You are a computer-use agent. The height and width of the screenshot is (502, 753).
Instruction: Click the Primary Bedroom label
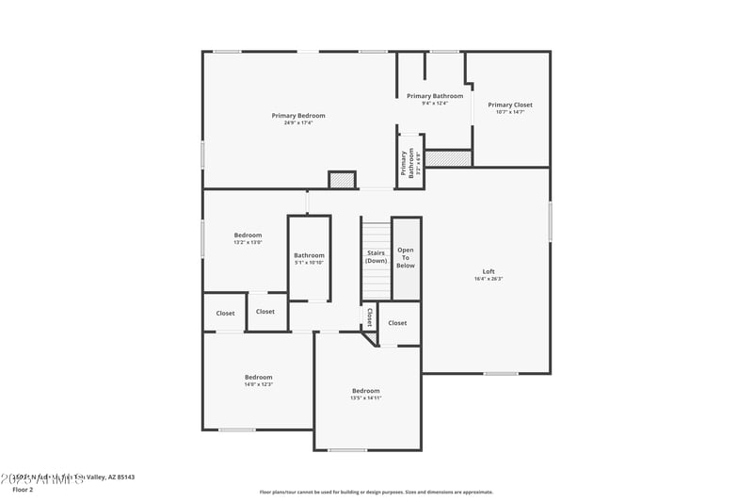[x=298, y=115]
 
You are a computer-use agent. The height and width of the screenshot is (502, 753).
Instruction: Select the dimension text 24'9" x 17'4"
[x=298, y=123]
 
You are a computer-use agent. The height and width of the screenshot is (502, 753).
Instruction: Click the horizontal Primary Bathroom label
[x=434, y=95]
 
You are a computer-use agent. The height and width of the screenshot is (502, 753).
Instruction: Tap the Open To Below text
[x=406, y=258]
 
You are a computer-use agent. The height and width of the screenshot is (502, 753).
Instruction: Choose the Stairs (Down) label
[x=376, y=256]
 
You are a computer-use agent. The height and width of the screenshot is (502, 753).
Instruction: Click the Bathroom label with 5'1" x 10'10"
[x=309, y=255]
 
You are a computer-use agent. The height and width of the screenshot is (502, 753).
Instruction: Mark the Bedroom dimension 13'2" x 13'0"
[x=248, y=243]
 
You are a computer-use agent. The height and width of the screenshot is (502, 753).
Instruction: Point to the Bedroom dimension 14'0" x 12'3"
[x=259, y=384]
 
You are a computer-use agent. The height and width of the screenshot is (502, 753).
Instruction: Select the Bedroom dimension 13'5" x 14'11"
[x=366, y=398]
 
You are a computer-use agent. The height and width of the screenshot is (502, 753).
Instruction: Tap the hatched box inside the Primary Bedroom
[x=341, y=179]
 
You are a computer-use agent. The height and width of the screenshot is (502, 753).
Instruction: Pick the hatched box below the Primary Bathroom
[x=447, y=158]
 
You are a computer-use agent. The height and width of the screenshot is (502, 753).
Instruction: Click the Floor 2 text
[x=23, y=490]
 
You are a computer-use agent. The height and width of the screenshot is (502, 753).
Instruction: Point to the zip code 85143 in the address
[x=122, y=478]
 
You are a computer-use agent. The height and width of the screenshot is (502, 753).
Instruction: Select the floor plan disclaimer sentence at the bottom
[x=376, y=492]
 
